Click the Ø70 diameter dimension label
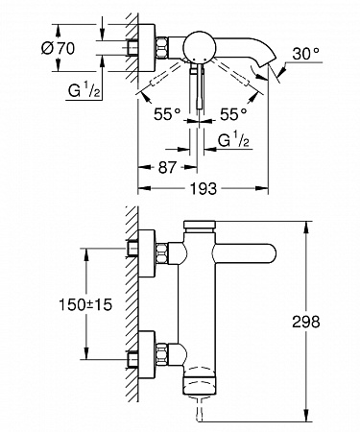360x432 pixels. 58,49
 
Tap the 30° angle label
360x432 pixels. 305,54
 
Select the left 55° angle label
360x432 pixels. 167,114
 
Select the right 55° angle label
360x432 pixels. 233,114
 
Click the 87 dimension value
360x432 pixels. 167,167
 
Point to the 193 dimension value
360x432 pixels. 204,188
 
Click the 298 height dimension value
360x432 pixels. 306,322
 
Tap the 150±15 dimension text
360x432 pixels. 85,304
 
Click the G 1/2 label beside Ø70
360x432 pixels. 84,91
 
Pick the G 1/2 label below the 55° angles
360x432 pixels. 233,140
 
